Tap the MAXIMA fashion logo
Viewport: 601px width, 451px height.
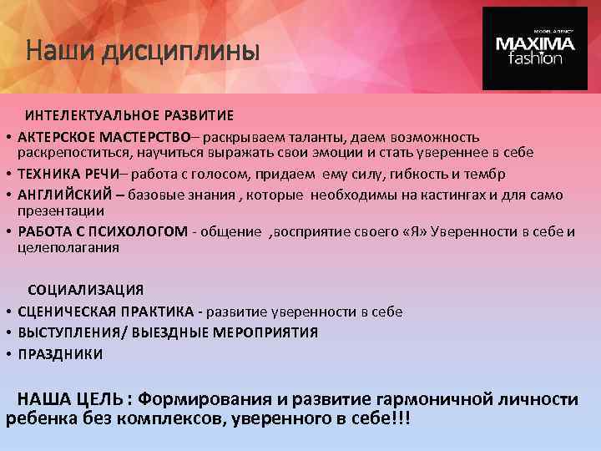[x=535, y=49]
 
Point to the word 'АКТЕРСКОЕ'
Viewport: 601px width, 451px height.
[x=55, y=136]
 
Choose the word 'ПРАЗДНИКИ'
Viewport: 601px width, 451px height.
[x=61, y=354]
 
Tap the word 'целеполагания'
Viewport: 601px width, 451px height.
[x=68, y=247]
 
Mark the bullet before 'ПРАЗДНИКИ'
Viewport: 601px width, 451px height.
[x=7, y=354]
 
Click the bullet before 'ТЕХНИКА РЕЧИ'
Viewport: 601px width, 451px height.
[x=7, y=174]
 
